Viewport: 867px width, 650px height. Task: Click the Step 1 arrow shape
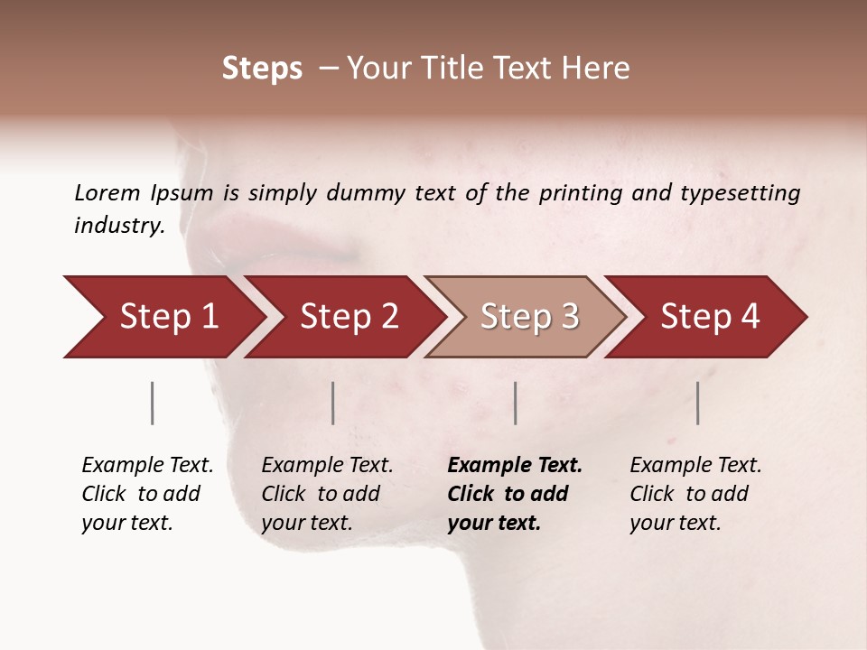[x=167, y=317]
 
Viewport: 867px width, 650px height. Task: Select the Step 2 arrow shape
[x=348, y=317]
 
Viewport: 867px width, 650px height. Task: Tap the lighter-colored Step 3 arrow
[x=528, y=317]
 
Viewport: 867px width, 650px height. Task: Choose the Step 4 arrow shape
[x=709, y=317]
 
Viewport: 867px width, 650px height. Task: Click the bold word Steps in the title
[x=262, y=69]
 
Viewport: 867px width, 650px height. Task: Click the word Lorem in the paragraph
[x=107, y=192]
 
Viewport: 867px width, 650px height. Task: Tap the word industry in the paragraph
[x=118, y=225]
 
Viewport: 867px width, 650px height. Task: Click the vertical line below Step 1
[x=153, y=403]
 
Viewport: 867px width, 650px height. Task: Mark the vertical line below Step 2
[x=333, y=403]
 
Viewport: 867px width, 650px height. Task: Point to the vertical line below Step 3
[x=516, y=403]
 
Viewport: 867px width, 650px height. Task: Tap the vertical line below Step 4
[x=698, y=403]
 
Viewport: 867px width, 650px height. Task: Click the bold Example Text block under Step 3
[x=515, y=494]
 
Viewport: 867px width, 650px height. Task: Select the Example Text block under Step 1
[x=147, y=494]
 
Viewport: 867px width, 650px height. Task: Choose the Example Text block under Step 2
[x=327, y=494]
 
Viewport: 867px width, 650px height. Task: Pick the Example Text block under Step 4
[x=695, y=494]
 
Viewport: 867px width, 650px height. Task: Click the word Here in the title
[x=594, y=69]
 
